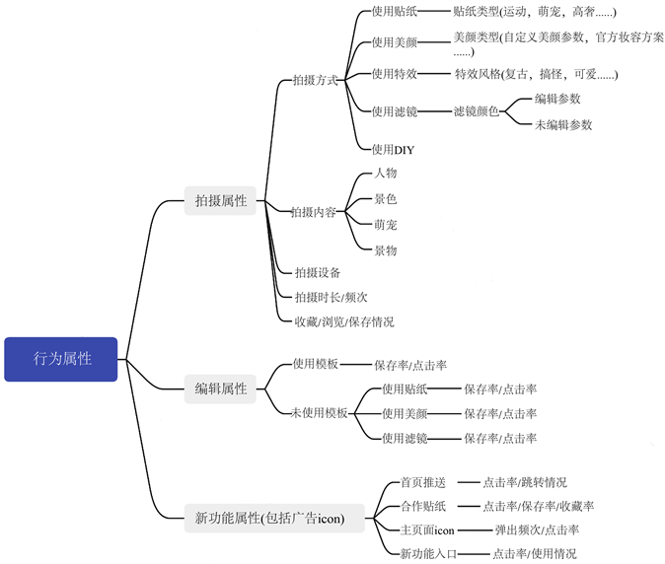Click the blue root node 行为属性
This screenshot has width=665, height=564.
[61, 359]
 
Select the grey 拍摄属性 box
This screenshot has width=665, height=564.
[221, 201]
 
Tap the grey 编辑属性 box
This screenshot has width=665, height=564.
[221, 388]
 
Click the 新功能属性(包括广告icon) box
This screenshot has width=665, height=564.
[268, 517]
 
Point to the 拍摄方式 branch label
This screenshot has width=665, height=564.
[315, 81]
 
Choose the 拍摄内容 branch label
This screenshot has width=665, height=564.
[315, 212]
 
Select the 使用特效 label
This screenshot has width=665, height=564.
[395, 73]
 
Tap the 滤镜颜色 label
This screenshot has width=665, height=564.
[478, 111]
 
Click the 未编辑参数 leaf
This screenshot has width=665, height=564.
[563, 125]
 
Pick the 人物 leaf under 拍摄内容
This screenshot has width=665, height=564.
[385, 174]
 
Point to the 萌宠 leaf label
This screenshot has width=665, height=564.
[385, 225]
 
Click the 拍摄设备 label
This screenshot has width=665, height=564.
[318, 272]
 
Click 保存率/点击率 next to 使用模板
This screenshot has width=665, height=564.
[410, 365]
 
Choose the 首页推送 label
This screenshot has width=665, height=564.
[422, 483]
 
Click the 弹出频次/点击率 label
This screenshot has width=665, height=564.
[537, 530]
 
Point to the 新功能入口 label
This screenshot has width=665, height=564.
[428, 554]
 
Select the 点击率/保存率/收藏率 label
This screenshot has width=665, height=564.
[539, 507]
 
